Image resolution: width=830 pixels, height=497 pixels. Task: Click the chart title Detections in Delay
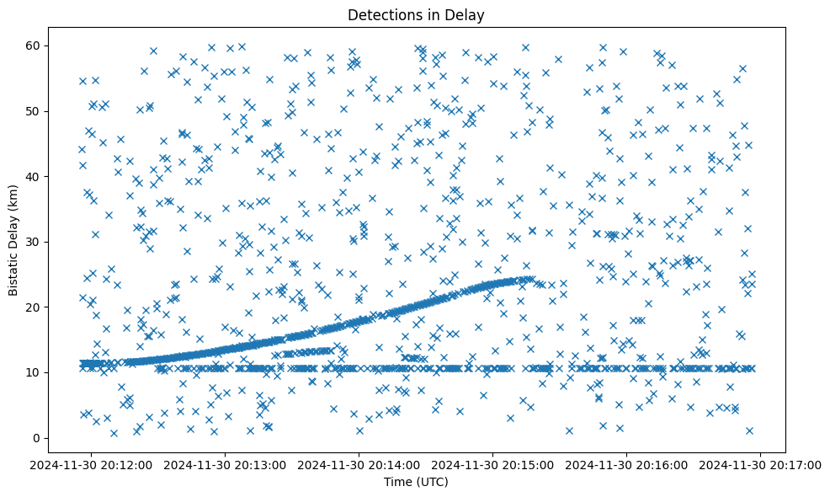(416, 15)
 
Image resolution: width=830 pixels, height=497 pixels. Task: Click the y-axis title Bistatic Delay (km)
(13, 241)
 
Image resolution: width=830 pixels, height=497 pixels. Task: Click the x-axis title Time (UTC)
(416, 483)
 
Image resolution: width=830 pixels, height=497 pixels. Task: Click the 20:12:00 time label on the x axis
(92, 464)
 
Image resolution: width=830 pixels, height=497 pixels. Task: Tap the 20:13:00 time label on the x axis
(226, 464)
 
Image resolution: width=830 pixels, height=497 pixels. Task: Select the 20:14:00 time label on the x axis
(359, 464)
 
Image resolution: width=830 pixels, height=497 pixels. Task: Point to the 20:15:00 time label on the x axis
(493, 464)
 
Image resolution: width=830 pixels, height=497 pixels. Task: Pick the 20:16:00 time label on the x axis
(627, 464)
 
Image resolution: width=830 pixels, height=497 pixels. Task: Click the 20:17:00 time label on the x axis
(761, 464)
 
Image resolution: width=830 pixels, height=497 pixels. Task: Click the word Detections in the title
(379, 15)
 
